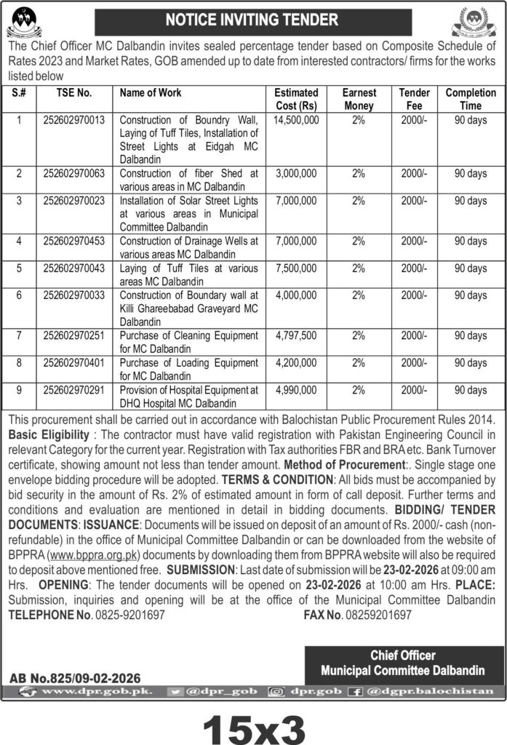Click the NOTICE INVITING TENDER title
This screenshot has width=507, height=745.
tap(252, 20)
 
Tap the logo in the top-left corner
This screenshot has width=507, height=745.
tap(24, 23)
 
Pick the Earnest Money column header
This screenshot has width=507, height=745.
tap(359, 100)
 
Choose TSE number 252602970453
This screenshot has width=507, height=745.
tap(73, 240)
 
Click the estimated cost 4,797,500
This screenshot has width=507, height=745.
tap(296, 335)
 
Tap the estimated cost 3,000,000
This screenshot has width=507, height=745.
tap(296, 174)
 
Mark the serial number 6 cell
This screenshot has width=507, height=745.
tap(19, 295)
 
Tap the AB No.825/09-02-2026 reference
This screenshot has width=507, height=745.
tap(75, 677)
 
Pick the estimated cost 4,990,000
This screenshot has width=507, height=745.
tap(296, 391)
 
